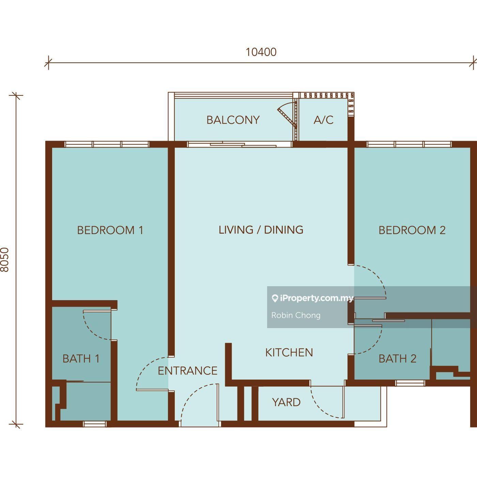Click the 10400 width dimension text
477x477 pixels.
(x=261, y=52)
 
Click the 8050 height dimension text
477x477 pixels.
(x=5, y=260)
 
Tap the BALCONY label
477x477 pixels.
(x=233, y=120)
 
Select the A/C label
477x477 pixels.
(x=323, y=120)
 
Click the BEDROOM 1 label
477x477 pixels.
(x=110, y=230)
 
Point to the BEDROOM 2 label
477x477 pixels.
(x=412, y=230)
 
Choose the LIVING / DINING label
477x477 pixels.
(x=261, y=230)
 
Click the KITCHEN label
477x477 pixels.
(x=289, y=352)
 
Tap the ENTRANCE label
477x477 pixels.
(x=187, y=371)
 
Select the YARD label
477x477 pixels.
(x=286, y=402)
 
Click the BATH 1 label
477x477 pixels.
(x=81, y=358)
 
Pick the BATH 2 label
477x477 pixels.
(x=398, y=358)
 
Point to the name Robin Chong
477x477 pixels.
(x=296, y=315)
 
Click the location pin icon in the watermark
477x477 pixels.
(x=275, y=299)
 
